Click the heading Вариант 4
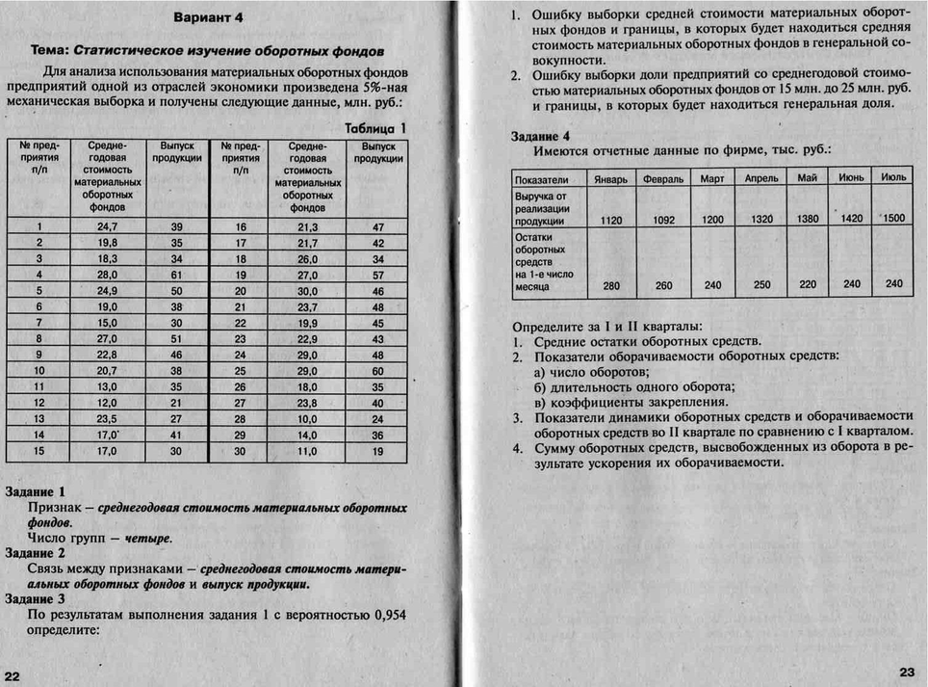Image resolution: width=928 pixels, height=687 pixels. (209, 17)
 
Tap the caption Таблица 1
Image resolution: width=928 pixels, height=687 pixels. (375, 127)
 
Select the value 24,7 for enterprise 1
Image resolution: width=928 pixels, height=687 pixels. (107, 227)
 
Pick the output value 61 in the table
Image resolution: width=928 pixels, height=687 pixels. (176, 275)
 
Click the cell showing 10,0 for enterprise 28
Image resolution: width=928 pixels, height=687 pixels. (308, 418)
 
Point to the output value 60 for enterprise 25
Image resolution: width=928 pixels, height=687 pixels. (377, 370)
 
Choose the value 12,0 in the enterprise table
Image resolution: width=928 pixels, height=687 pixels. (107, 402)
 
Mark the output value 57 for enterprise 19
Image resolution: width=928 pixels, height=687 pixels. (377, 275)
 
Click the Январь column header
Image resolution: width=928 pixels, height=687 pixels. (610, 179)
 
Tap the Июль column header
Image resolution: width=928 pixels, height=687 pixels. (893, 178)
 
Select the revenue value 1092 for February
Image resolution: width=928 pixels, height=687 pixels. (663, 221)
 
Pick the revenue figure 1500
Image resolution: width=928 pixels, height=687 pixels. (893, 219)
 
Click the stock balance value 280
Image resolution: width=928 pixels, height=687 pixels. (610, 285)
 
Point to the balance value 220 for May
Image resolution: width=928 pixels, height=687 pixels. (807, 285)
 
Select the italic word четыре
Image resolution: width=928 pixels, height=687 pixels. (148, 538)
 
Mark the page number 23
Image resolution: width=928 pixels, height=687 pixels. (907, 672)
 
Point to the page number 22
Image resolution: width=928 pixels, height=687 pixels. (14, 674)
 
